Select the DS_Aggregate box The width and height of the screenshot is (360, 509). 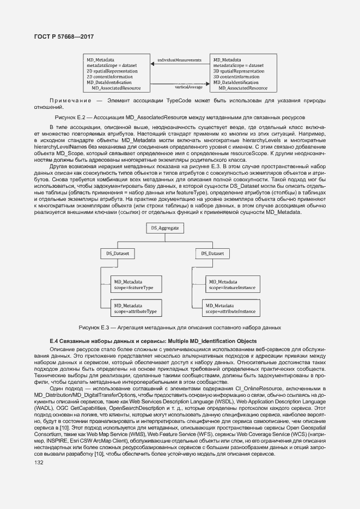[164, 229]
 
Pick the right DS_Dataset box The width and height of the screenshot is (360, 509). [212, 254]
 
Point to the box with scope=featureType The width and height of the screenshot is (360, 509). [136, 284]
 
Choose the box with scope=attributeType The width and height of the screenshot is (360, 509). [136, 309]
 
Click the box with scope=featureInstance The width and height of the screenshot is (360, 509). [231, 284]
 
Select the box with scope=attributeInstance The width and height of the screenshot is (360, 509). [231, 309]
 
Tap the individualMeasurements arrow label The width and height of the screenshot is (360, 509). [179, 59]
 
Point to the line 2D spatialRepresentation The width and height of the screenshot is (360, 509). [112, 71]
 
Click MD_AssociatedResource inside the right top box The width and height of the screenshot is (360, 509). [243, 88]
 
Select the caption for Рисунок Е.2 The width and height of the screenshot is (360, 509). [180, 117]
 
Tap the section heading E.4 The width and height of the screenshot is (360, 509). [152, 341]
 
